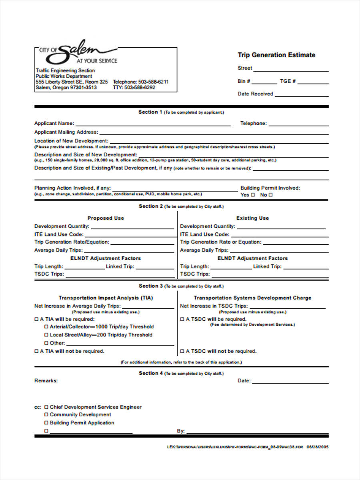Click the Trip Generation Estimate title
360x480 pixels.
276,55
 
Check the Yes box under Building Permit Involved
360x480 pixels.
253,195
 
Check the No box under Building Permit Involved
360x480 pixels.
271,195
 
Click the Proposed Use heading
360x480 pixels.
106,218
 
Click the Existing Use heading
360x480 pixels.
252,218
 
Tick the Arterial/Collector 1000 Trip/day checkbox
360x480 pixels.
46,327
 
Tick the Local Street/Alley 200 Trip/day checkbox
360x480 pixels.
46,335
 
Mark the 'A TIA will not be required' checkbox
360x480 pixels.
37,351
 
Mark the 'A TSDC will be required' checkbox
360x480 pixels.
182,319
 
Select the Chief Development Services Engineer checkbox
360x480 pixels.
46,407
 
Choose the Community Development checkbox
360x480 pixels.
46,415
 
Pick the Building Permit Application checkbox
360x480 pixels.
46,423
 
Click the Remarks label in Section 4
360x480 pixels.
46,381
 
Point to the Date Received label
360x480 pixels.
255,94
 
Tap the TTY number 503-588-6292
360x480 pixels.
140,88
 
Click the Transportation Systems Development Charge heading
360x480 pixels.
252,298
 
